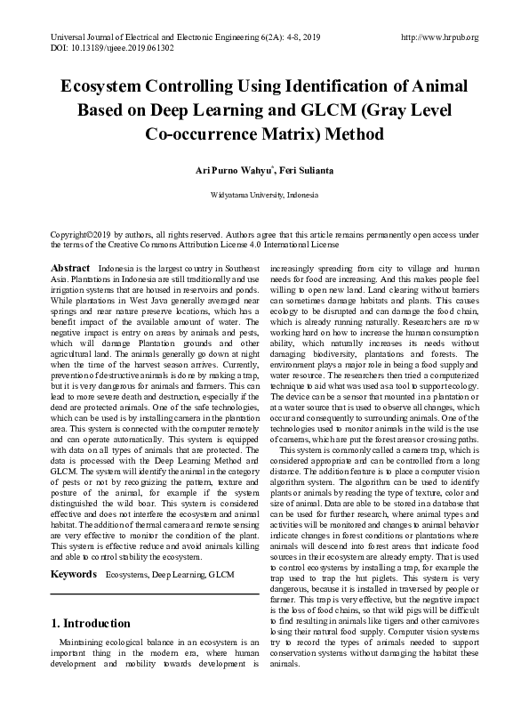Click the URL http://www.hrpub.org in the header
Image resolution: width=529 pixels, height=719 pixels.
tap(440, 37)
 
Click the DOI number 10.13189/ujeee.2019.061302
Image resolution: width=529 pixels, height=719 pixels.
tap(124, 48)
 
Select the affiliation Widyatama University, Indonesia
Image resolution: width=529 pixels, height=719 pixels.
tap(264, 194)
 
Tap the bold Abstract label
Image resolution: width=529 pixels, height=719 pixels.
tap(70, 268)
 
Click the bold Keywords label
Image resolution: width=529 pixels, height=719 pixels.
tap(73, 575)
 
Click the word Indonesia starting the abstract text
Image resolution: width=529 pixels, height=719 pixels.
tap(121, 268)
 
